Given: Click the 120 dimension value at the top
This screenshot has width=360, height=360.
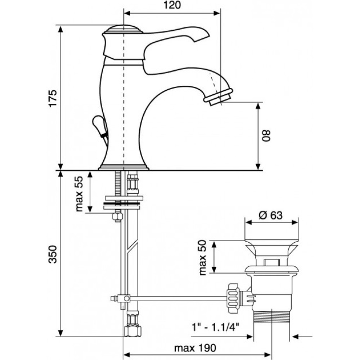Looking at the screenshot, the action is [x=172, y=5].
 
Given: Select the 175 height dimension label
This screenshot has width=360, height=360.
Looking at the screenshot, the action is [x=53, y=98].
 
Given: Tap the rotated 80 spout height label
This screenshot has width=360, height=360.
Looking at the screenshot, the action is [x=266, y=136].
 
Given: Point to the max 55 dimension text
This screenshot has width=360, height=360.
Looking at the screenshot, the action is [x=79, y=194].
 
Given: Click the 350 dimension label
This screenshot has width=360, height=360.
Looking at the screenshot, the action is [x=53, y=254].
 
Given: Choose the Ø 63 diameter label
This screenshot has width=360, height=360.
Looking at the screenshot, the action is [x=271, y=215].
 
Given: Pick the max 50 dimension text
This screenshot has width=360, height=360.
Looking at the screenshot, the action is [x=202, y=257].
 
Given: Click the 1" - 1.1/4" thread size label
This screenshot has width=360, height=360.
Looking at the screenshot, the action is [x=215, y=326].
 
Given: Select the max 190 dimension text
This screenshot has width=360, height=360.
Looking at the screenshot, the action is [x=195, y=348].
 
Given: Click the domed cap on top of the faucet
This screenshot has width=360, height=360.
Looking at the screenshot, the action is [x=123, y=29].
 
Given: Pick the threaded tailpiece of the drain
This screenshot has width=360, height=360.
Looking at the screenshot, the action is [x=271, y=316].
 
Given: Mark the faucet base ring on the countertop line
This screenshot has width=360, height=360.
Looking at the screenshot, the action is [x=123, y=167].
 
